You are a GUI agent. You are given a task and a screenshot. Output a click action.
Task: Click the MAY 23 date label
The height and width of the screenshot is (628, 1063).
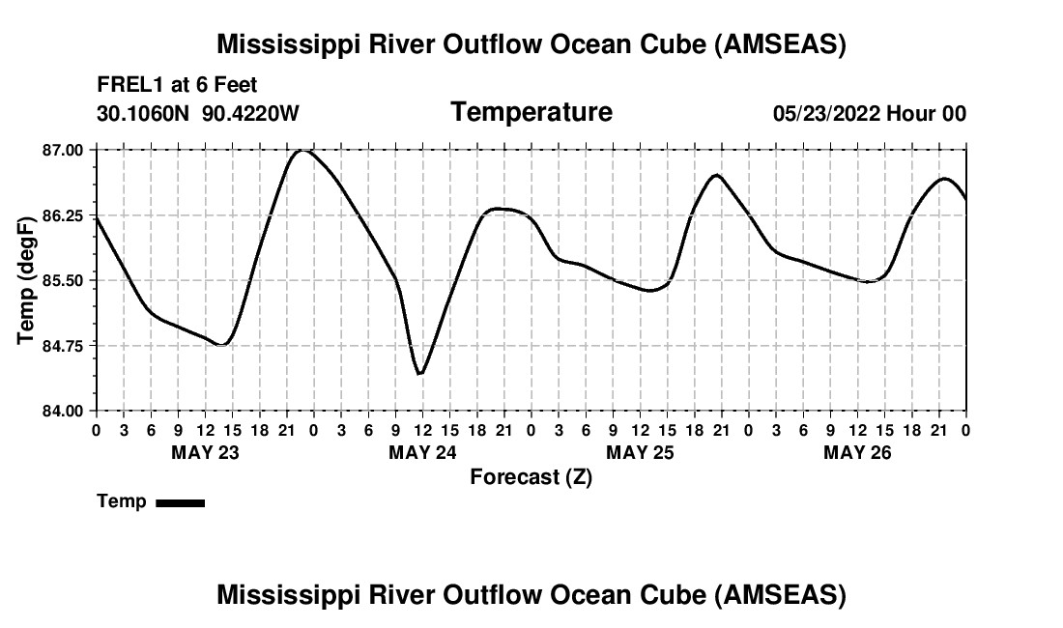[205, 452]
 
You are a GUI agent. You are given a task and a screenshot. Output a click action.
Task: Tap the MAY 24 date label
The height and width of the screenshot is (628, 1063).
[422, 452]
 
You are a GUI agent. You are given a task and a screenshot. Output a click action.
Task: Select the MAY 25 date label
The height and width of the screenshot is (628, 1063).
[640, 452]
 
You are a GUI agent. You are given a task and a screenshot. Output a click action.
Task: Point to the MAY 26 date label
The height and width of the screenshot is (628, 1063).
[857, 452]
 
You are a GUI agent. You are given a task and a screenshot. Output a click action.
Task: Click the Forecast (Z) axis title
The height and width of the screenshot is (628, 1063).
[531, 477]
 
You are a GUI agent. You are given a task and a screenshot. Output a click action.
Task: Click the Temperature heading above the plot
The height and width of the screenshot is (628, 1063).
[531, 112]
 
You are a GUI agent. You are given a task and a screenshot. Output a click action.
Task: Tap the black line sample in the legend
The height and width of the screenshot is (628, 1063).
[180, 502]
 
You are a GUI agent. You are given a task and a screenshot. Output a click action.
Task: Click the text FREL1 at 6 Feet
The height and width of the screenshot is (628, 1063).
[177, 85]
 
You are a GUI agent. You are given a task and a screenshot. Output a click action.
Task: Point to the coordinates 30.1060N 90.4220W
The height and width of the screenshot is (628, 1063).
[198, 113]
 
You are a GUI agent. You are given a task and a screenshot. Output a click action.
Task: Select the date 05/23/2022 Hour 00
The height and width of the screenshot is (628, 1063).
[869, 113]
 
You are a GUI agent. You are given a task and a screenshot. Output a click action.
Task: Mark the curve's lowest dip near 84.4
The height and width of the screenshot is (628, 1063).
[419, 374]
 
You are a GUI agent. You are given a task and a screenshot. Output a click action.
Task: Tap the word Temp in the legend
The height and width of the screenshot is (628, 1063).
[122, 502]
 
